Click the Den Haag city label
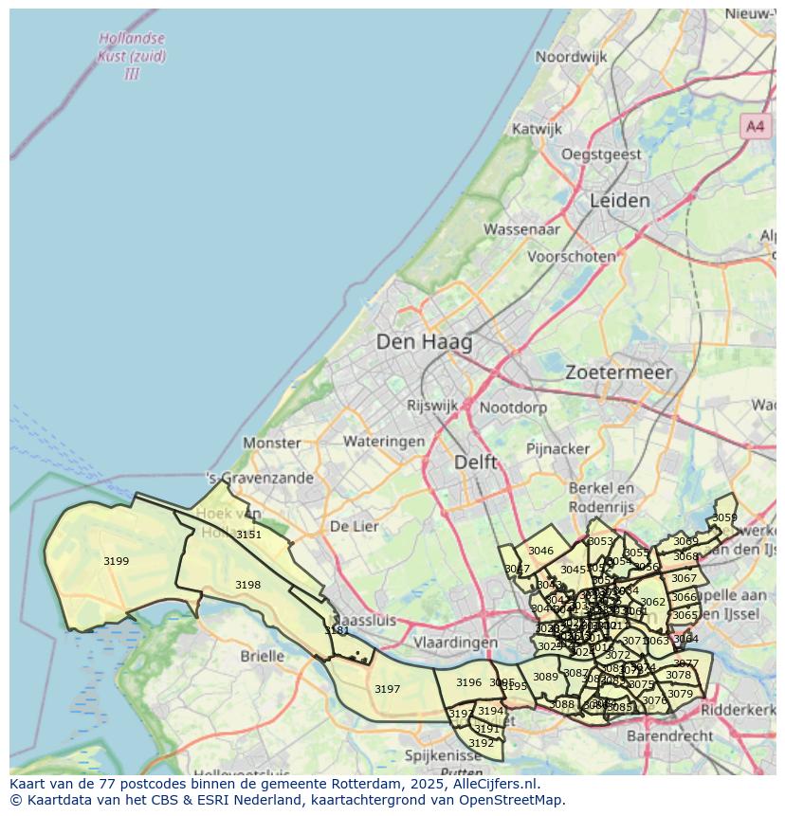424,342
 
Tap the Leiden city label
620,201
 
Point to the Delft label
475,462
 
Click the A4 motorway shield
755,126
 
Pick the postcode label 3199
116,561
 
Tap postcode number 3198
247,585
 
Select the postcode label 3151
248,535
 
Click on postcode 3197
387,689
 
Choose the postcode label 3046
540,551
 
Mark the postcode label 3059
724,517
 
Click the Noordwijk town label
571,57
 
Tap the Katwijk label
538,129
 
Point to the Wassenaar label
521,229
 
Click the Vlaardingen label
456,642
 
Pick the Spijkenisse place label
444,755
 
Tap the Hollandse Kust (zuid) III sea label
131,56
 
